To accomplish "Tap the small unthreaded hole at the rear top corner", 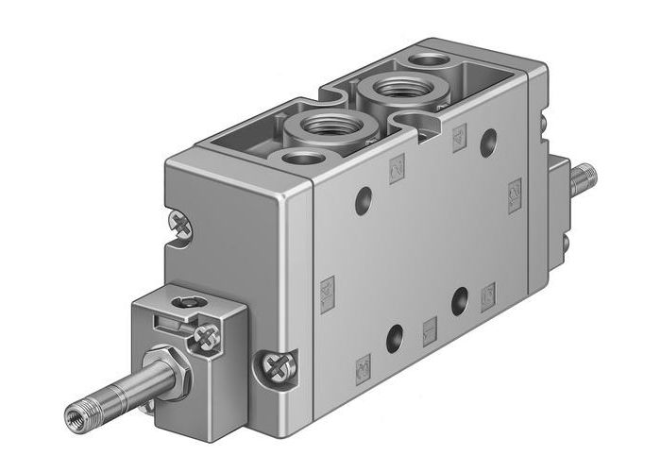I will point(432,60).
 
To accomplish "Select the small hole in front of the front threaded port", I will point(301,157).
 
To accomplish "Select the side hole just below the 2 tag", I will point(363,201).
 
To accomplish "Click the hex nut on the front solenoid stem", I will point(169,371).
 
